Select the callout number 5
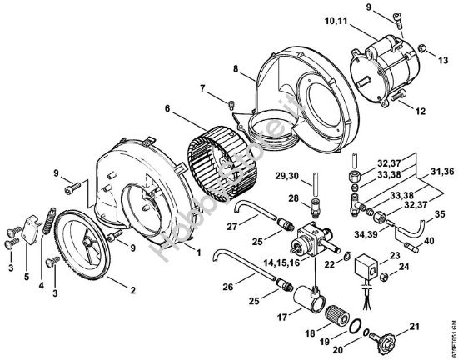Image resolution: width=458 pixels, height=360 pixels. click(x=27, y=277)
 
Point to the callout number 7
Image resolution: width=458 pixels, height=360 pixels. click(x=202, y=88)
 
